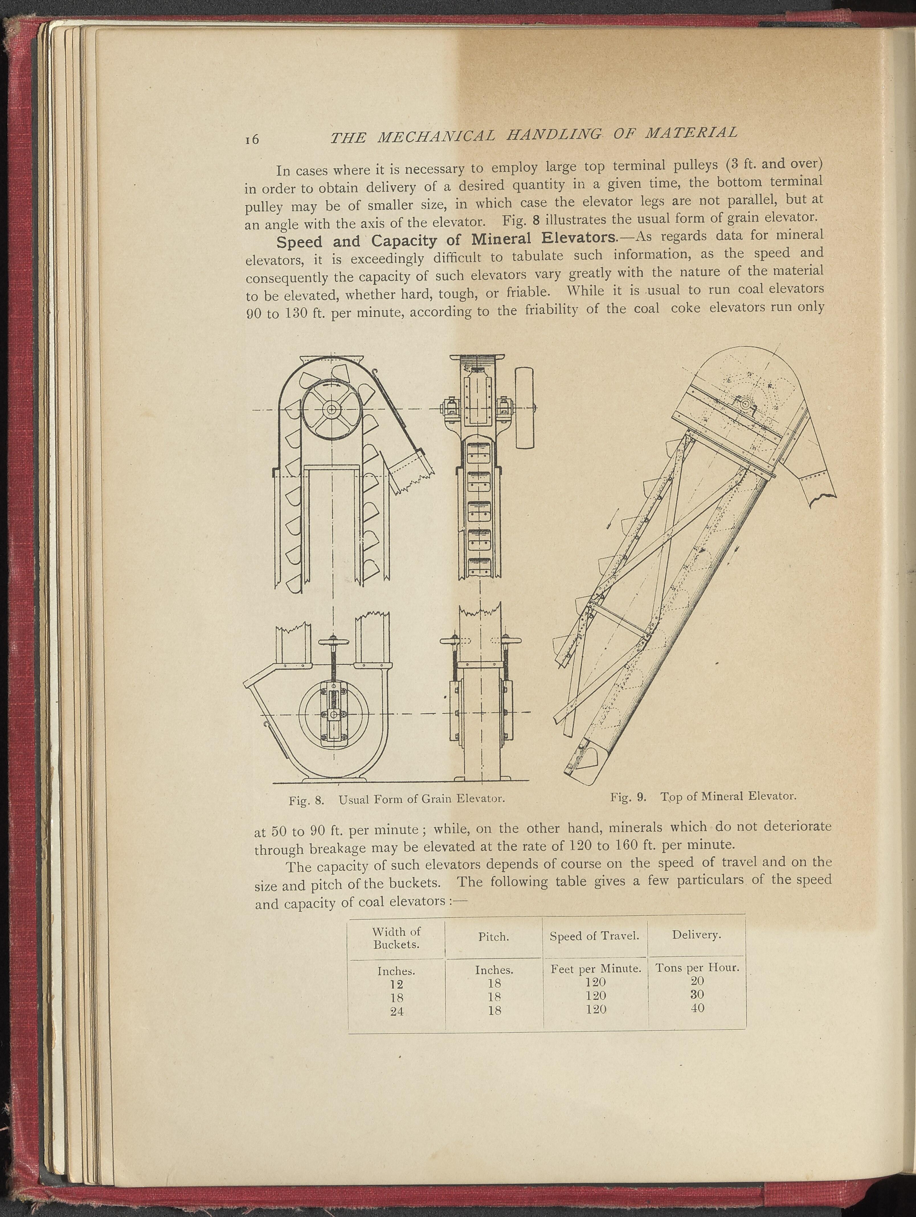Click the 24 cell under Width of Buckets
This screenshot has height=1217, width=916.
pyautogui.click(x=397, y=1011)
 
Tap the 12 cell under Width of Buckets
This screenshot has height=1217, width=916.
pyautogui.click(x=396, y=984)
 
